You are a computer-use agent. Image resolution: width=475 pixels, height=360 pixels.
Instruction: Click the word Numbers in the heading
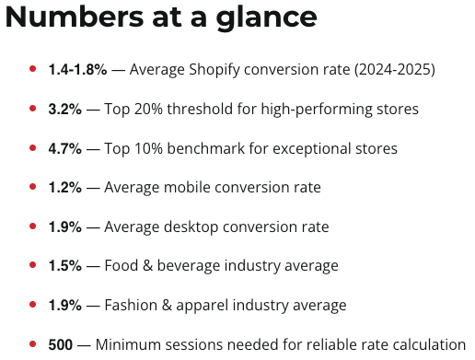click(75, 17)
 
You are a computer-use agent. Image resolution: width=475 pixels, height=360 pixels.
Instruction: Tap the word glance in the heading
click(266, 18)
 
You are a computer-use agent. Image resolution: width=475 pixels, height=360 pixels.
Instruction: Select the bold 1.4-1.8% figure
click(77, 69)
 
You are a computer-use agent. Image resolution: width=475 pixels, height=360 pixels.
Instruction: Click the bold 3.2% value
click(65, 109)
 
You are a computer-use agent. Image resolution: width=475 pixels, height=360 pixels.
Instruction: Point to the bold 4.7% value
click(65, 148)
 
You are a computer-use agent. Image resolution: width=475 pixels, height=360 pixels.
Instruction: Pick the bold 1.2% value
click(65, 187)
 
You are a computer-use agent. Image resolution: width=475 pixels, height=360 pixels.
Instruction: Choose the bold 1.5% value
click(65, 265)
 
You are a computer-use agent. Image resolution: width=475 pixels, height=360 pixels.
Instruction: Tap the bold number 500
click(61, 344)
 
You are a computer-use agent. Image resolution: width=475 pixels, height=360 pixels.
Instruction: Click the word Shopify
click(214, 70)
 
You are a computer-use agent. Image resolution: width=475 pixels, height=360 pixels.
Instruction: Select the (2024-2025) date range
click(395, 70)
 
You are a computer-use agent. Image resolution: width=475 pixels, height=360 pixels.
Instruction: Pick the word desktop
click(191, 227)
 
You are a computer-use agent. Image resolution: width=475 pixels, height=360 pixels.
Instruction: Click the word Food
click(122, 265)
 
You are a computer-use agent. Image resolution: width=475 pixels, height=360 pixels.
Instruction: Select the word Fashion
click(131, 305)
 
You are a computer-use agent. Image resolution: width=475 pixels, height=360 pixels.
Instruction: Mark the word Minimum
click(128, 344)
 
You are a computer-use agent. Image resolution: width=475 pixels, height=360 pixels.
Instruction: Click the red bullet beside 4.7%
click(33, 148)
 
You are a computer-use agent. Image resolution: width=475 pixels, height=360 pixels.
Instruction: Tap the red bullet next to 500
click(33, 344)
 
